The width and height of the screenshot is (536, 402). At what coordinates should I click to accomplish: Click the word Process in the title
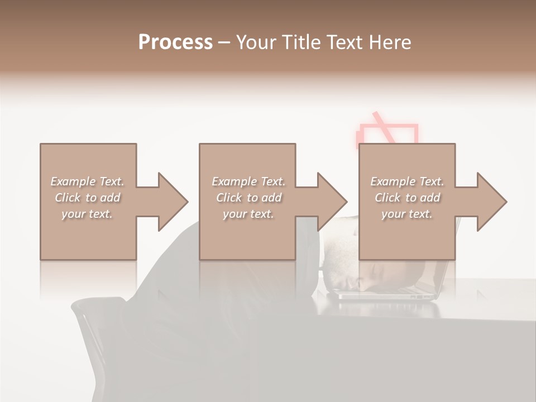[175, 42]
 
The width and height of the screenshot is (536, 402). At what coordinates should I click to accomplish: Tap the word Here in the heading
[391, 42]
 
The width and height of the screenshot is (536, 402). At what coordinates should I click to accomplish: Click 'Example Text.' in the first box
[87, 181]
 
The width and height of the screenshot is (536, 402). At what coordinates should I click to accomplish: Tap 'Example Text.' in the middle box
[248, 181]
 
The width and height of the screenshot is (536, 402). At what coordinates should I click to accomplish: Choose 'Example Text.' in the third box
[407, 181]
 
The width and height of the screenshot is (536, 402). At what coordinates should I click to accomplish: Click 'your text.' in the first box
[87, 214]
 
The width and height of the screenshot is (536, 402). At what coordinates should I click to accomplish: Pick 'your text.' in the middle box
[248, 214]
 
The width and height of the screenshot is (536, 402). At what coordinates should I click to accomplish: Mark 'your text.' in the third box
[407, 214]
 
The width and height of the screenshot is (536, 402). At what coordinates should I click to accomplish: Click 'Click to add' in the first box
[87, 198]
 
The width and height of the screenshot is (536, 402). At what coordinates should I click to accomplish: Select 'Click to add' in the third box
[407, 198]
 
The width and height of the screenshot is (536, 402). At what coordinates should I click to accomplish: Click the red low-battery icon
[387, 131]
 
